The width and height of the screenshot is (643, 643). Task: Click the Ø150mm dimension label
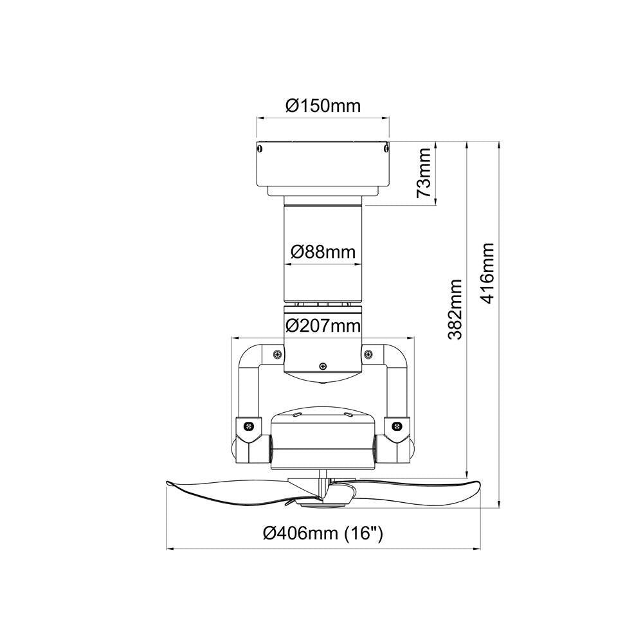323,105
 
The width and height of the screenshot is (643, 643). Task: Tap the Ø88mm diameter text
322,252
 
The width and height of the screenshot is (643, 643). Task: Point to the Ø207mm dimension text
322,325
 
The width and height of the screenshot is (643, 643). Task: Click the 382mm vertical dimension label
455,309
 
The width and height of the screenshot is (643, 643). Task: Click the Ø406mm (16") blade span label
323,533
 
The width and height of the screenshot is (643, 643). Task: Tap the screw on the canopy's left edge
260,149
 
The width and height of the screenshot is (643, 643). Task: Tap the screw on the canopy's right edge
385,149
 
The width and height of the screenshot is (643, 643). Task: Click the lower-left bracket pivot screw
250,426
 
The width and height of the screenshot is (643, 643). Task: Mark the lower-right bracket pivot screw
396,426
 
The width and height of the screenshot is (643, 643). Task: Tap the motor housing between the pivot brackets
323,444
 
